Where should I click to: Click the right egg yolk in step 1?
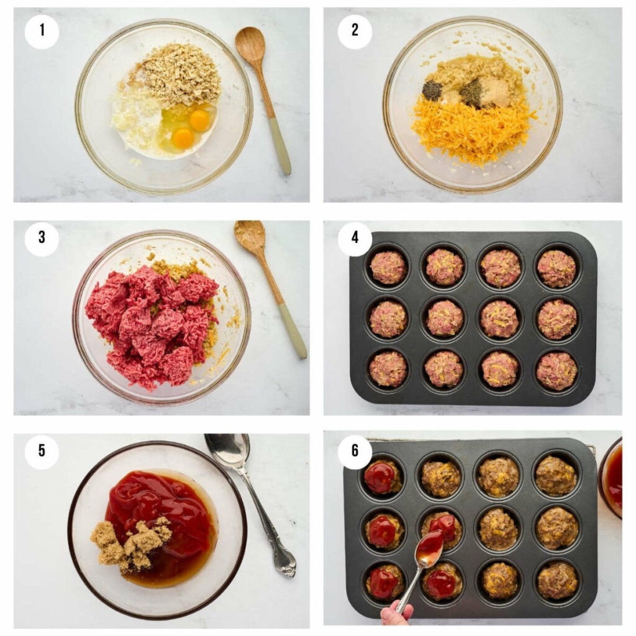[x=199, y=120]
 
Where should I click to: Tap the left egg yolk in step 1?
[x=183, y=139]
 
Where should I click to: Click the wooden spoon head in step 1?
[x=250, y=44]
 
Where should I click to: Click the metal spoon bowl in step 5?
[x=228, y=450]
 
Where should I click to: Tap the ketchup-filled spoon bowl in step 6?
[x=430, y=547]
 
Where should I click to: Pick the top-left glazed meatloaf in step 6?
[x=379, y=477]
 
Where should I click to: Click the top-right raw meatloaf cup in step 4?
[x=556, y=268]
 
